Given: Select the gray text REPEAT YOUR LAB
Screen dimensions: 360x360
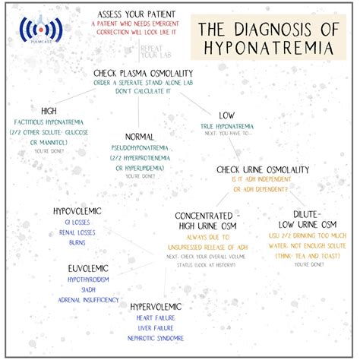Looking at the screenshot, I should pos(157,52).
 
